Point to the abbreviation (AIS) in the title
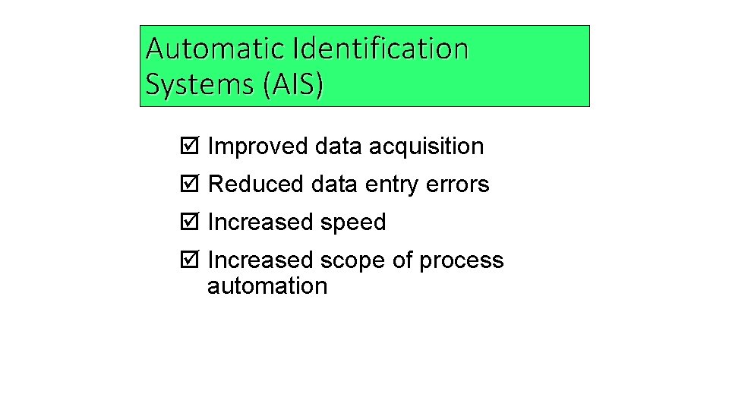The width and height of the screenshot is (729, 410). tap(292, 84)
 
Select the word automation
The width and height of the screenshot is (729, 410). tap(267, 286)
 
